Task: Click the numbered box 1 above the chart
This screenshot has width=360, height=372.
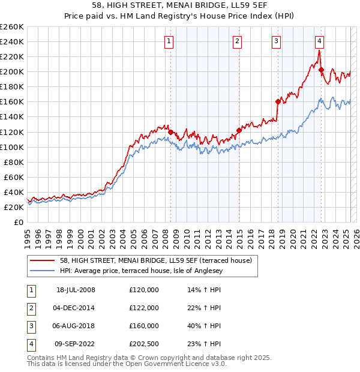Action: coord(170,41)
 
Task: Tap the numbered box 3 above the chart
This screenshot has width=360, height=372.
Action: coord(276,41)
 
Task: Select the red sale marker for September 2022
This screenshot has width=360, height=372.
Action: coord(322,70)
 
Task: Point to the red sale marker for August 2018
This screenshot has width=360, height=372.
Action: coord(278,101)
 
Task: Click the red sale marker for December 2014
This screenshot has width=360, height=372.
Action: coord(239,130)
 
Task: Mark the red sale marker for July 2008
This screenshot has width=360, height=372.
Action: coord(171,131)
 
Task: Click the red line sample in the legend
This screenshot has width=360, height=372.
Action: coord(43,260)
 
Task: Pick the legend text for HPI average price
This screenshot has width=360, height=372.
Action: coord(141,271)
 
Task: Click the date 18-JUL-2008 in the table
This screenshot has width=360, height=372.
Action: coord(76,290)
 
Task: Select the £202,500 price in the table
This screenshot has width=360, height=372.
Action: coord(143,344)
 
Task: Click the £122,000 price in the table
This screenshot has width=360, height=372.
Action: coord(143,308)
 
